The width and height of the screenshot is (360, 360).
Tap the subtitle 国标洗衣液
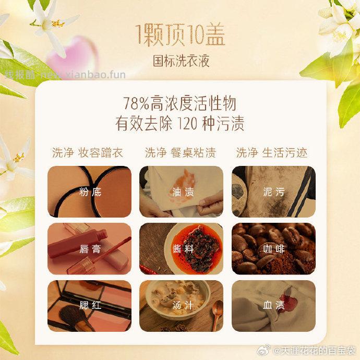[x=180, y=61]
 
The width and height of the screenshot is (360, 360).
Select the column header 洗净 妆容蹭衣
[x=87, y=152]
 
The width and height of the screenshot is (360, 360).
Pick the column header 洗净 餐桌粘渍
[x=180, y=152]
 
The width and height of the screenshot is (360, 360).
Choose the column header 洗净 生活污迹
[x=272, y=152]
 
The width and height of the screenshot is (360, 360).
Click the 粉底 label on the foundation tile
[x=90, y=192]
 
